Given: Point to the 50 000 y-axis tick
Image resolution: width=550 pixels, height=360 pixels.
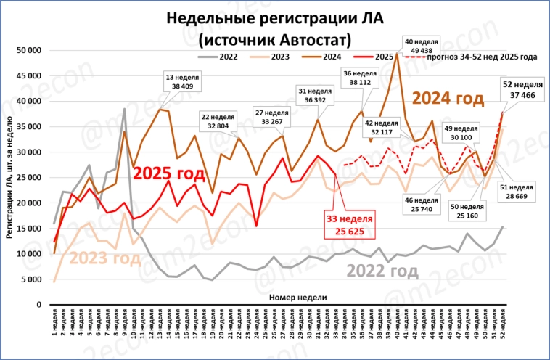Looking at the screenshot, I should click(x=28, y=50).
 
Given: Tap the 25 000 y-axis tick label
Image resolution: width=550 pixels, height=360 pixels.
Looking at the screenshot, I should click(x=28, y=178).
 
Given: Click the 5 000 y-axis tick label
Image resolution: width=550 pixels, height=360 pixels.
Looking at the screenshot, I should click(x=30, y=279).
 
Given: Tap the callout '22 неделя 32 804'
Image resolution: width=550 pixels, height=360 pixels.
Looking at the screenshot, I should click(x=218, y=120).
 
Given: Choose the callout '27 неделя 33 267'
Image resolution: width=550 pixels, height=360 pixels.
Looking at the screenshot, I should click(x=268, y=117).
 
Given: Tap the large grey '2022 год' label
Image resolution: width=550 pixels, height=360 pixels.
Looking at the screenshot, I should click(x=382, y=271).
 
